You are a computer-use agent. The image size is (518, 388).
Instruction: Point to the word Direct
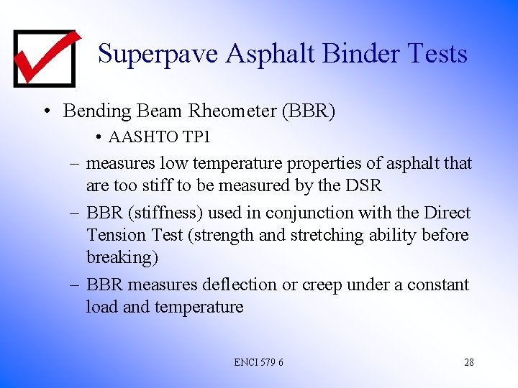pyautogui.click(x=445, y=213)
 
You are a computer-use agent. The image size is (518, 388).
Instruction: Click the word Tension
pyautogui.click(x=114, y=235)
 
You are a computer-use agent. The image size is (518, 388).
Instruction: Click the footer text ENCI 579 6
pyautogui.click(x=258, y=362)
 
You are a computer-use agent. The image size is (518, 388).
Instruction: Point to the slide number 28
pyautogui.click(x=468, y=362)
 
